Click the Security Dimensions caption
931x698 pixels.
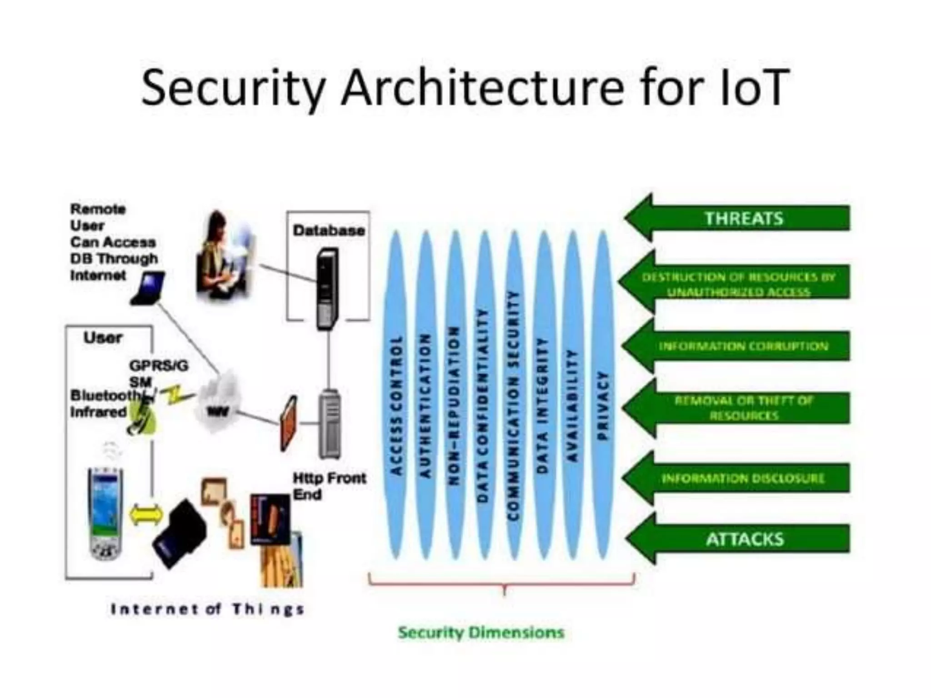click(481, 633)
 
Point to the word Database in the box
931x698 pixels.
click(329, 231)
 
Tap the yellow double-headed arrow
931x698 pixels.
click(146, 515)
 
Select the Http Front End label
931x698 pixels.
click(328, 486)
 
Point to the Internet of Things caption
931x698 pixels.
click(207, 609)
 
